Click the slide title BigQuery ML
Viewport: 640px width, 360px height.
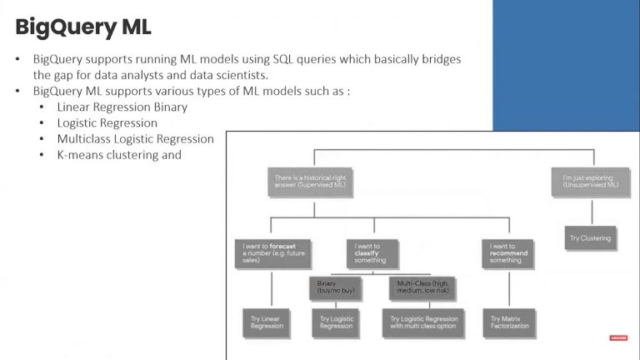point(83,27)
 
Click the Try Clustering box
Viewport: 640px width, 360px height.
point(590,238)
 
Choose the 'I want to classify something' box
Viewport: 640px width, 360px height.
point(373,252)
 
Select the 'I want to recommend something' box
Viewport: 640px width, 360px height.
point(507,252)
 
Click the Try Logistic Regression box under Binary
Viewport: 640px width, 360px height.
point(336,322)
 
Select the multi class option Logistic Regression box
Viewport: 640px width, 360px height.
point(424,322)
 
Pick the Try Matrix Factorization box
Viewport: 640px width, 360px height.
point(507,322)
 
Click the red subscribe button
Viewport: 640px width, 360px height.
point(618,337)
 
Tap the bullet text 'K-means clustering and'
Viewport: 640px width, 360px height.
point(119,155)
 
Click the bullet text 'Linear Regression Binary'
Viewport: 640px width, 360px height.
point(122,107)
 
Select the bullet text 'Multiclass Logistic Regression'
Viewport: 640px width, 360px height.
point(135,139)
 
